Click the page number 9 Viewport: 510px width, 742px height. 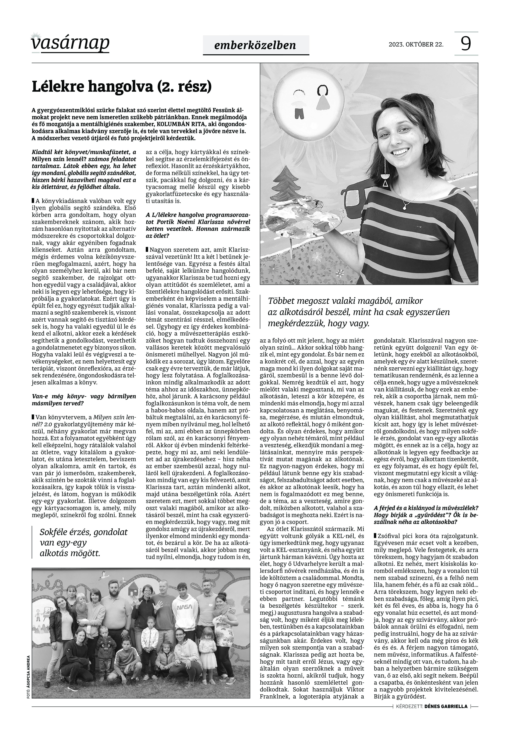pos(466,44)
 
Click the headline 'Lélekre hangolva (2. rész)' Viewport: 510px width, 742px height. pos(121,87)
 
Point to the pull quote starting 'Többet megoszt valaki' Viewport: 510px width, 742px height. pos(358,312)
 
